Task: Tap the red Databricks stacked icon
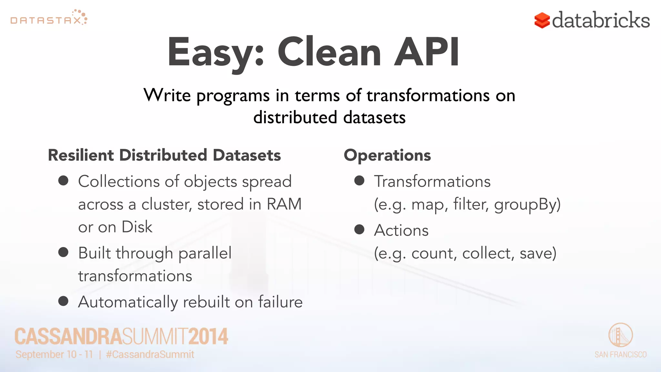(x=542, y=20)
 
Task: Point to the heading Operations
(x=387, y=155)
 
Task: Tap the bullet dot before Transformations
(x=359, y=181)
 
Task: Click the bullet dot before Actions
(x=359, y=230)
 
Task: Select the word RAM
(x=284, y=204)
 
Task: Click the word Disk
(x=137, y=227)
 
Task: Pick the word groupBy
(x=527, y=204)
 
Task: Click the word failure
(x=280, y=302)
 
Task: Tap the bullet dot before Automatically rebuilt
(x=63, y=301)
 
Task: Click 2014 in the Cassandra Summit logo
(x=208, y=336)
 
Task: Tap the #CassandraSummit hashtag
(x=150, y=355)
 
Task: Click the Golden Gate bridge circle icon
(x=620, y=335)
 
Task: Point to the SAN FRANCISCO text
(x=620, y=355)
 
